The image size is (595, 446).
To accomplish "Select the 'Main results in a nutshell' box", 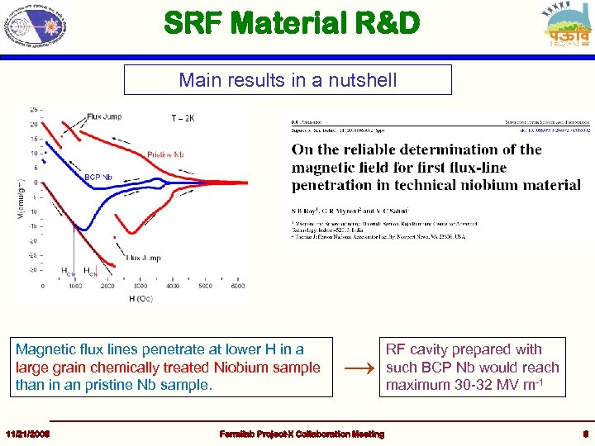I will coord(288,80).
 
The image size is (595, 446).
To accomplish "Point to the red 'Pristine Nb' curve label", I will coord(170,154).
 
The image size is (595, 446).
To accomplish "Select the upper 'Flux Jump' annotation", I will coord(104,116).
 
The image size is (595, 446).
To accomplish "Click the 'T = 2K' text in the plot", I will coord(183,119).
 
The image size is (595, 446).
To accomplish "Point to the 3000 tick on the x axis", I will coord(140,286).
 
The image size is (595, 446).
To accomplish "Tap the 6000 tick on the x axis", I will coord(236,286).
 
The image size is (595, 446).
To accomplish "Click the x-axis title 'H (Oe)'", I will coord(140,297).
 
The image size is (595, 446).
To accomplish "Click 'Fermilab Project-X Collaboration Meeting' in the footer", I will coord(301,434).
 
